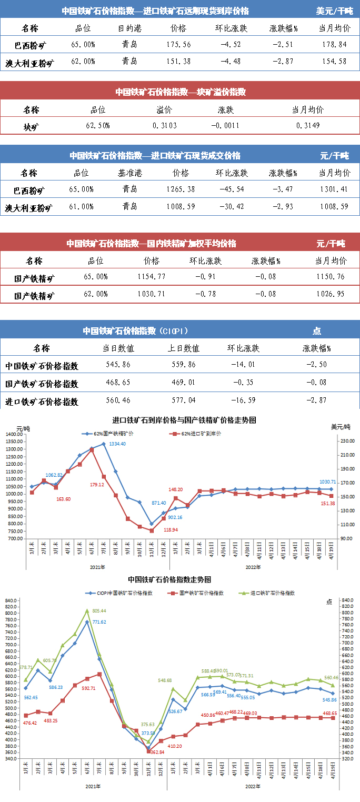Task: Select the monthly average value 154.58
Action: (x=333, y=61)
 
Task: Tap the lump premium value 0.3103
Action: (x=165, y=126)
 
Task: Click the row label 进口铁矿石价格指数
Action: (x=42, y=401)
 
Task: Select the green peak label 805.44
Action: (x=99, y=610)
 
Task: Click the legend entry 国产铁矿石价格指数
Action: (x=201, y=593)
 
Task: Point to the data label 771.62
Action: (x=99, y=622)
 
